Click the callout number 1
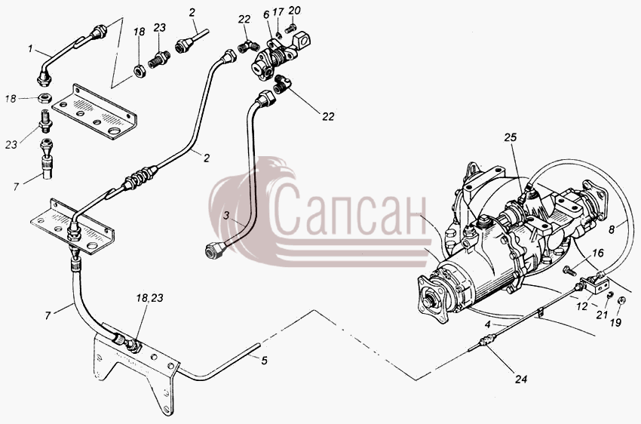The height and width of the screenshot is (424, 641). (x=30, y=49)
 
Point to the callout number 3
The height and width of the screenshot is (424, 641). (x=226, y=216)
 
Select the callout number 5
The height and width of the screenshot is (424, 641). (x=265, y=361)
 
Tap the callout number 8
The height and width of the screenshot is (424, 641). (x=612, y=229)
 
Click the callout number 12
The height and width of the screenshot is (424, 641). (x=582, y=306)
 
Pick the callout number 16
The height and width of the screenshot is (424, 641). (x=598, y=253)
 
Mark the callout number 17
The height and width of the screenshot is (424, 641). (x=278, y=12)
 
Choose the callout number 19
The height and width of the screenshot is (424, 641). (x=615, y=323)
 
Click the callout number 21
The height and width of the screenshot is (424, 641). (x=601, y=315)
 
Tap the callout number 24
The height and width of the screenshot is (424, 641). (x=521, y=379)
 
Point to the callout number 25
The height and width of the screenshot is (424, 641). (x=511, y=137)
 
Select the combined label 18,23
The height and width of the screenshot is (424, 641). (x=149, y=298)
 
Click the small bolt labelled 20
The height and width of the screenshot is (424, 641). (x=290, y=28)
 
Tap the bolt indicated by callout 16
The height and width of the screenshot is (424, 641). (x=569, y=270)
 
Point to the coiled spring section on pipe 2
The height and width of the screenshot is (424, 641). (x=140, y=177)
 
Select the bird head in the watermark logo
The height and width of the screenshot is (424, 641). (x=280, y=170)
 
